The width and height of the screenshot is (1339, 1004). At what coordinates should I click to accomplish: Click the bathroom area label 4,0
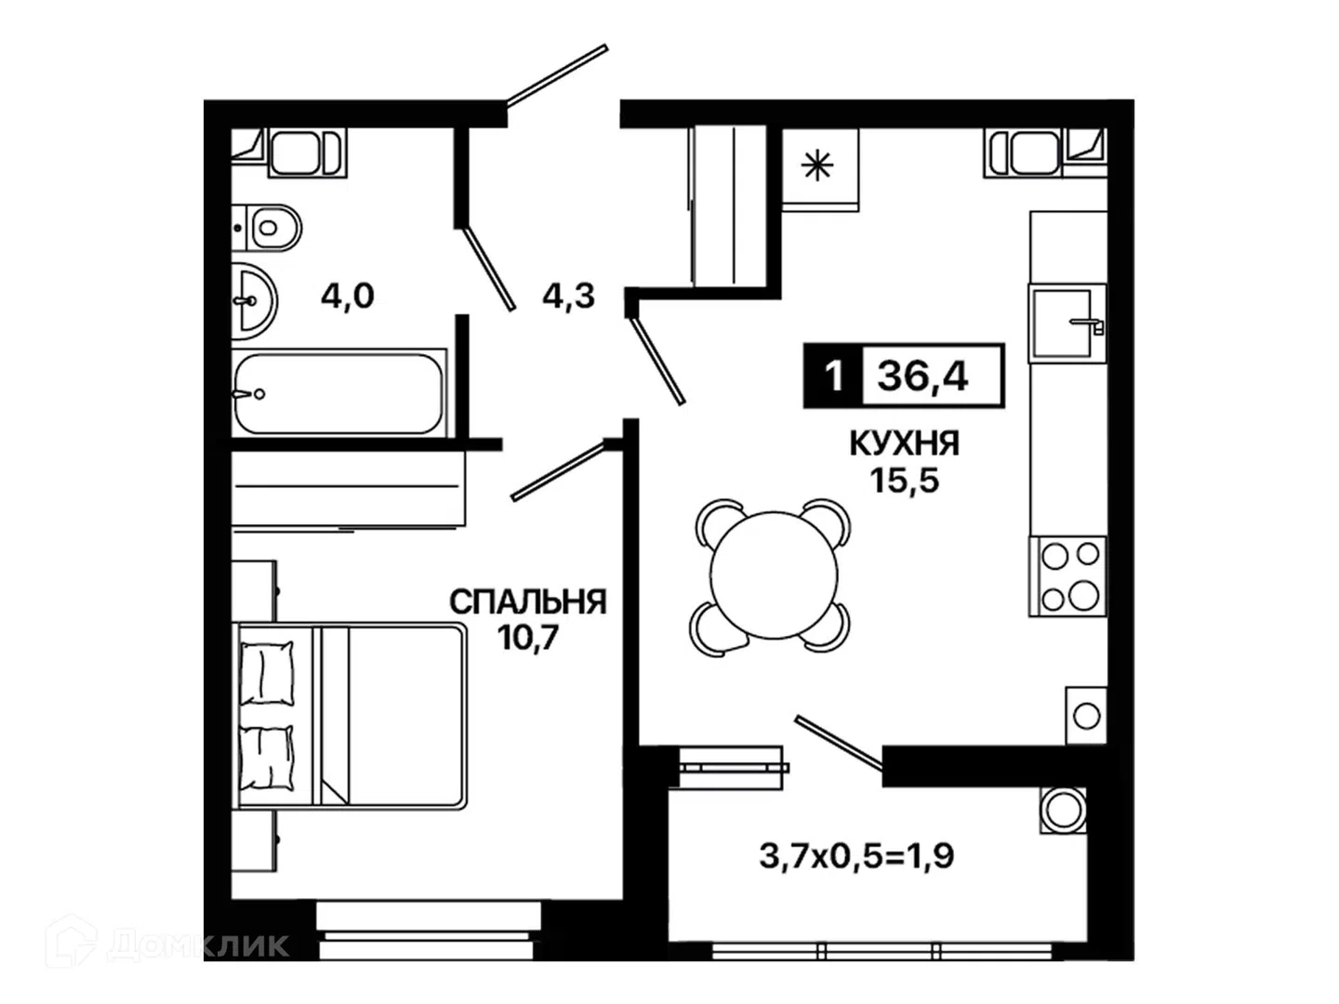pos(347,297)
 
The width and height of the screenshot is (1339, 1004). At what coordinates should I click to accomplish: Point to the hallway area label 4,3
pos(568,297)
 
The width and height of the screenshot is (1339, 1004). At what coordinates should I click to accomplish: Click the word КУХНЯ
pos(904,443)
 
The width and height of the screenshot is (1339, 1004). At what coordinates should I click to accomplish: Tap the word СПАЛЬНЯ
pos(528,602)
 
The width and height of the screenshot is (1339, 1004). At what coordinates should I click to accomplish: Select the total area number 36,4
pos(922,376)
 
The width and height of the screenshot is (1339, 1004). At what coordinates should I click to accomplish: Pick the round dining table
pos(773,575)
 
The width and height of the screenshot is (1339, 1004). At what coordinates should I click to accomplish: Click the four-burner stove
pos(1067,576)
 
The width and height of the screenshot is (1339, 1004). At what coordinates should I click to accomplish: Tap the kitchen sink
pos(1067,324)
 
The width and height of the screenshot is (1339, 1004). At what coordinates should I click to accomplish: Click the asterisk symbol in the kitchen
pos(816,165)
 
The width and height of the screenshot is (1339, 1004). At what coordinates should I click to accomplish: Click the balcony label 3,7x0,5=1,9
pos(856,856)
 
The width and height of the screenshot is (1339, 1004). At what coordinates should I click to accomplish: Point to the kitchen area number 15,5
pos(904,481)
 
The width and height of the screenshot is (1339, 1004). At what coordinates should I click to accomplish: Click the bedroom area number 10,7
pos(528,639)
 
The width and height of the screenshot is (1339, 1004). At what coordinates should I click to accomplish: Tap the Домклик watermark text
pos(199,945)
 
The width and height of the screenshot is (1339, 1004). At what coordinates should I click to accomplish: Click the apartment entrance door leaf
pos(557,75)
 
